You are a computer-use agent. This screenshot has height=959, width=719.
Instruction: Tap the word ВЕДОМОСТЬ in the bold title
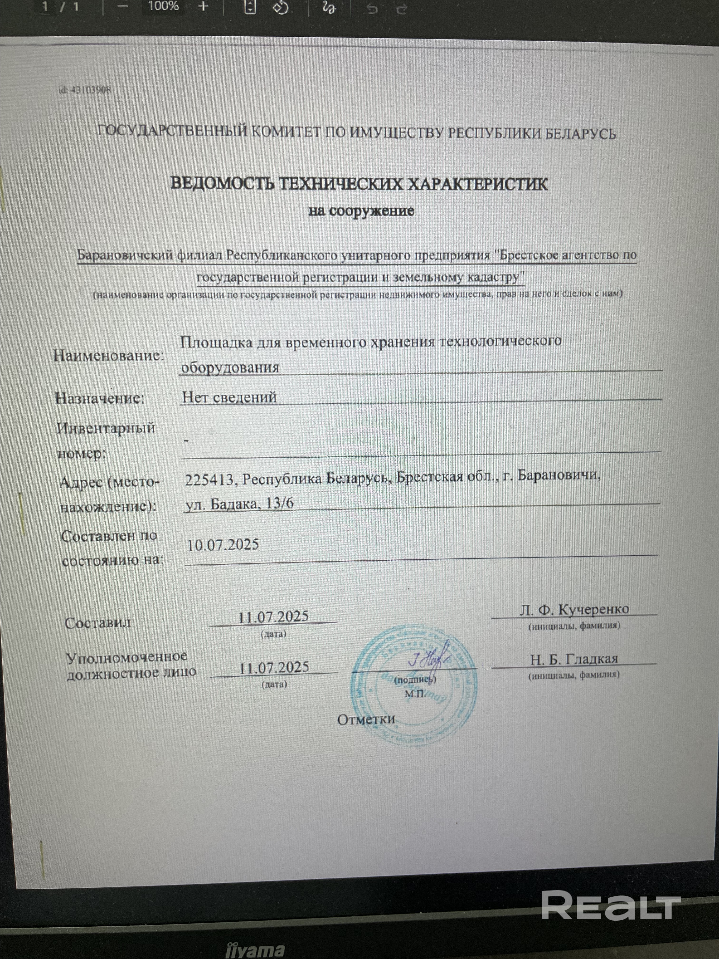221,184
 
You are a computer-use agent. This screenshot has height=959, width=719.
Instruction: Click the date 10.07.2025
223,544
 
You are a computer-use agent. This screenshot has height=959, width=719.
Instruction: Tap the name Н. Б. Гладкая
574,659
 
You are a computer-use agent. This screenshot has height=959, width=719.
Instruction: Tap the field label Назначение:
100,398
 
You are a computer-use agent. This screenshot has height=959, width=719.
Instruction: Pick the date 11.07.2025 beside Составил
273,616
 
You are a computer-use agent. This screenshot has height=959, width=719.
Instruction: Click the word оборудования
230,367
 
